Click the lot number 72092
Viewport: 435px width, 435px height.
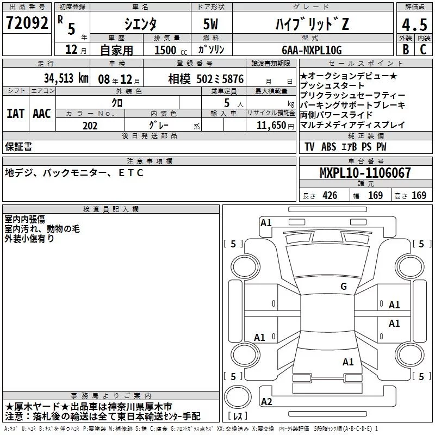(27, 23)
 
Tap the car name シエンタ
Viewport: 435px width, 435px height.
(140, 24)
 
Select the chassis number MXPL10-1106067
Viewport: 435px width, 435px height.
(365, 173)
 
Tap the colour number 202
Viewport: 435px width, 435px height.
(90, 126)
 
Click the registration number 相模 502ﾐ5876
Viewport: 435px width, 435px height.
(198, 78)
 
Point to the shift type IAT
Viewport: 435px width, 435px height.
(16, 113)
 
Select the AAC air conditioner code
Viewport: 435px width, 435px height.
(42, 113)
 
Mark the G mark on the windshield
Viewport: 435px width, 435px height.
(343, 287)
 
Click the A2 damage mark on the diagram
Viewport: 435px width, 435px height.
(266, 402)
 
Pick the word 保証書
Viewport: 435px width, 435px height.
(18, 146)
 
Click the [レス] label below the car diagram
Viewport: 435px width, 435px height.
(238, 417)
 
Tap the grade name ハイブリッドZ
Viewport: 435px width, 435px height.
(317, 24)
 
